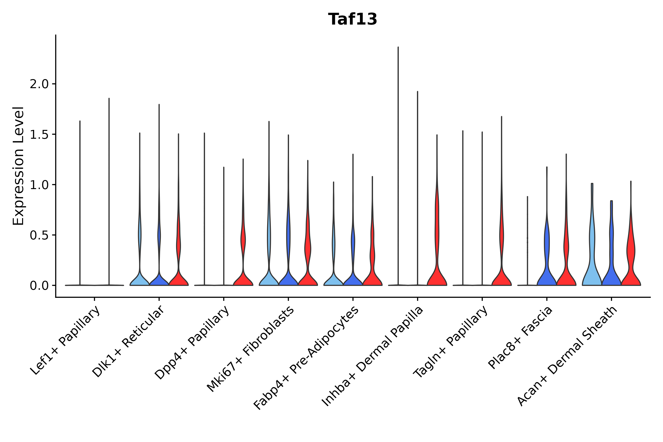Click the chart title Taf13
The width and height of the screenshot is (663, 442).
coord(352,19)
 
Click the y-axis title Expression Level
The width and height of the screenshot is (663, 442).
coord(19,166)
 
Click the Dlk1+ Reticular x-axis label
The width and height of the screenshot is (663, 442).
coord(128,341)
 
